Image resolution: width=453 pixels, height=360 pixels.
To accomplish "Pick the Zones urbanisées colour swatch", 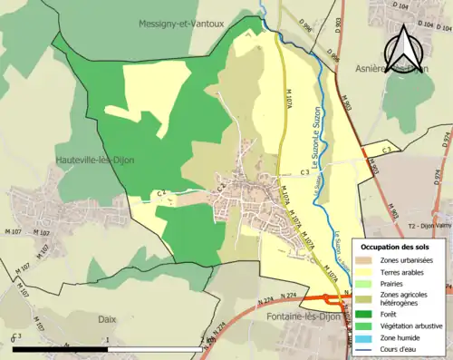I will (370, 260).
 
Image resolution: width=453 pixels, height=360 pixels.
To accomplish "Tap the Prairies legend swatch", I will (370, 283).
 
